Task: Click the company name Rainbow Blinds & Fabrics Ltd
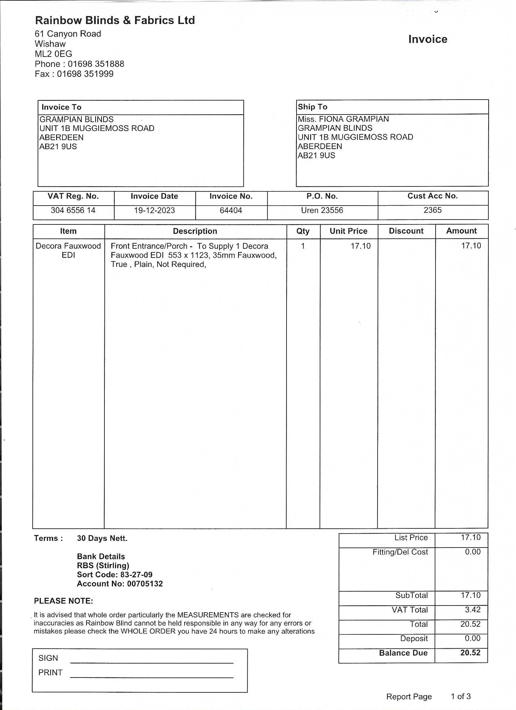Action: tap(115, 20)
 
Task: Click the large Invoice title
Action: tap(427, 39)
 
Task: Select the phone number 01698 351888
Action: tap(96, 64)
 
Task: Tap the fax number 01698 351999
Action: tap(85, 74)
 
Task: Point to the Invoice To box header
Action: tap(61, 107)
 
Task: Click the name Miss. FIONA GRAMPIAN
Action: tap(343, 119)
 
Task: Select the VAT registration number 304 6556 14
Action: tap(73, 210)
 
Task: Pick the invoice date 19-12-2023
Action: tap(154, 210)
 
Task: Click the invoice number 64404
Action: tap(231, 210)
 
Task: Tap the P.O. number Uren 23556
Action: tap(322, 210)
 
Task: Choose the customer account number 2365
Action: tap(432, 210)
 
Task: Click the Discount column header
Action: tap(406, 231)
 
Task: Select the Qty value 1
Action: tap(303, 246)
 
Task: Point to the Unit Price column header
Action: tap(348, 231)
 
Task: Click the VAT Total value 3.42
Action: tap(473, 609)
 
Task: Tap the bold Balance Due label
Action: tap(403, 653)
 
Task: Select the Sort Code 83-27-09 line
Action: tap(114, 575)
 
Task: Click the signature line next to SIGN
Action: tap(152, 662)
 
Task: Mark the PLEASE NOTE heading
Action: tap(63, 601)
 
